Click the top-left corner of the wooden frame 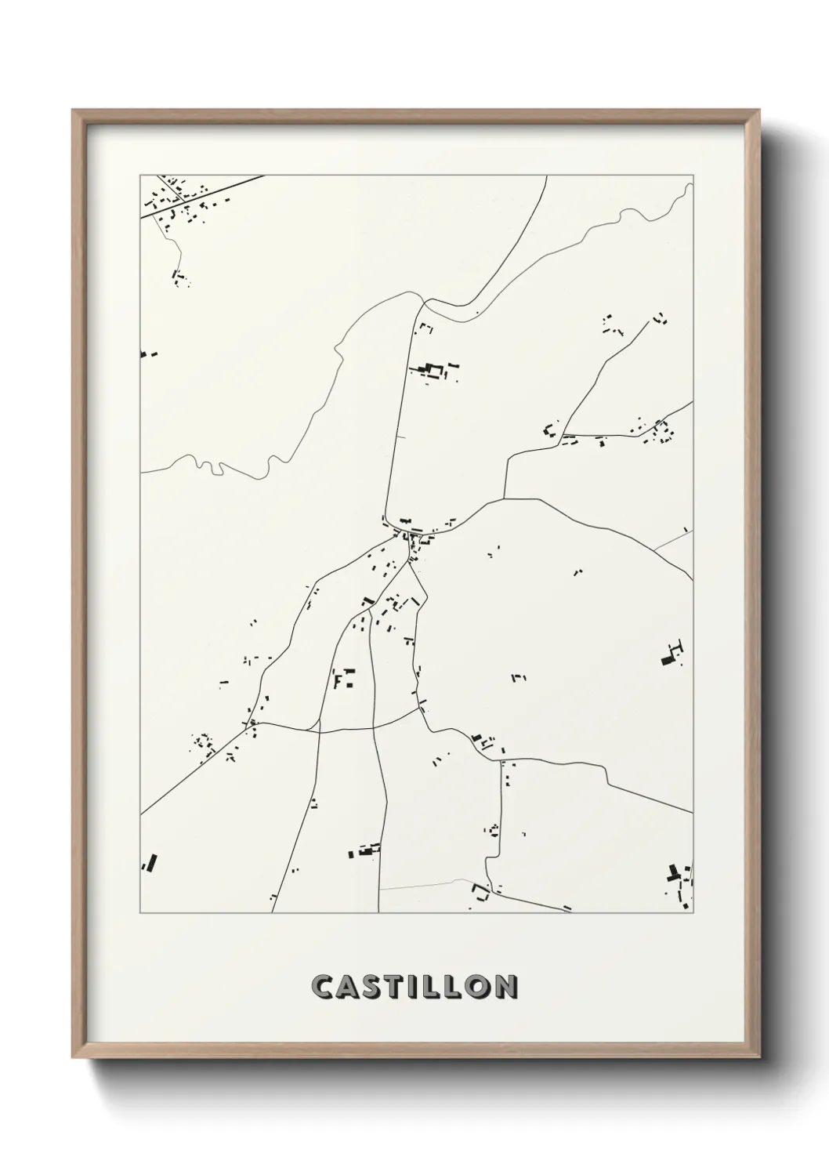[73, 111]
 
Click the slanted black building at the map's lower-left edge [149, 862]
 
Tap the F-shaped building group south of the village [343, 676]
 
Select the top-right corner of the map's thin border [693, 175]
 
